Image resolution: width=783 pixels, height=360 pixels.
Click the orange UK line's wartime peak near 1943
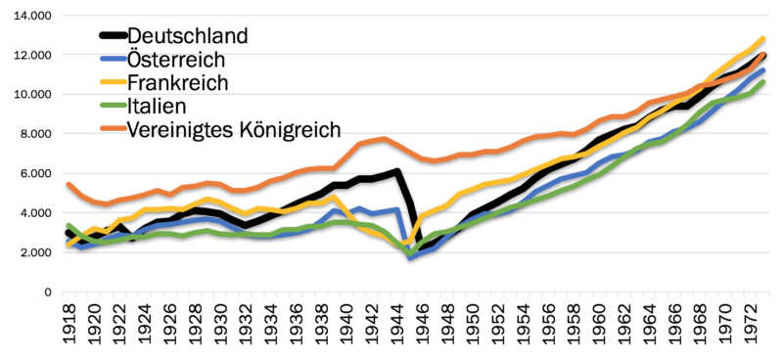(384, 139)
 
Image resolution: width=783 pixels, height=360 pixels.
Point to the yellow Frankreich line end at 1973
(763, 39)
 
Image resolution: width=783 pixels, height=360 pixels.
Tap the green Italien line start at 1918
(68, 225)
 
